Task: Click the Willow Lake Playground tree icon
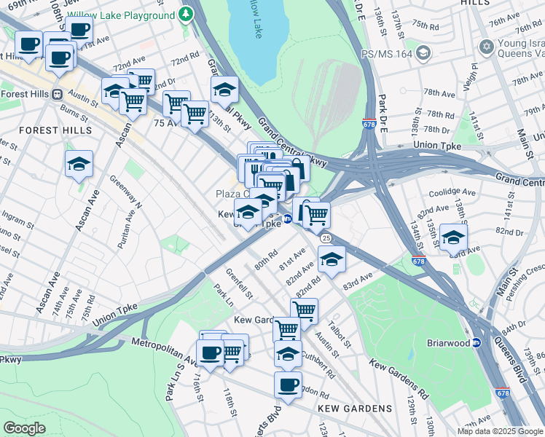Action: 187,13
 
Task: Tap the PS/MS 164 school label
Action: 394,52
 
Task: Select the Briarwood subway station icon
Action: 477,342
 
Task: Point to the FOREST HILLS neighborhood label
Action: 55,130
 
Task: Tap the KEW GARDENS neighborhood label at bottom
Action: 355,409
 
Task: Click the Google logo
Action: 25,428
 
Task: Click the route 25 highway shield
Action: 326,238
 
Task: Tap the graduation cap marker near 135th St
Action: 453,237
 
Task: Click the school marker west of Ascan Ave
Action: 79,165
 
